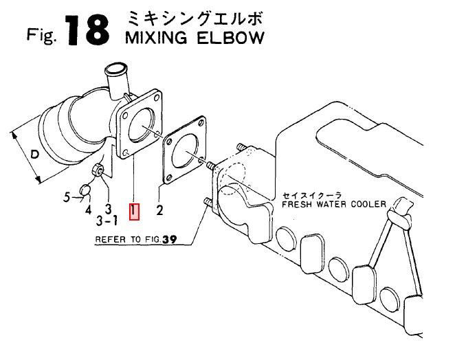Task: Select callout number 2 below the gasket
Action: tap(159, 210)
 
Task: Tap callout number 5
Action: tap(67, 198)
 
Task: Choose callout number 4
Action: tap(89, 209)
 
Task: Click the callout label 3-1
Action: tap(107, 221)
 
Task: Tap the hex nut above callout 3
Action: tap(98, 169)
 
